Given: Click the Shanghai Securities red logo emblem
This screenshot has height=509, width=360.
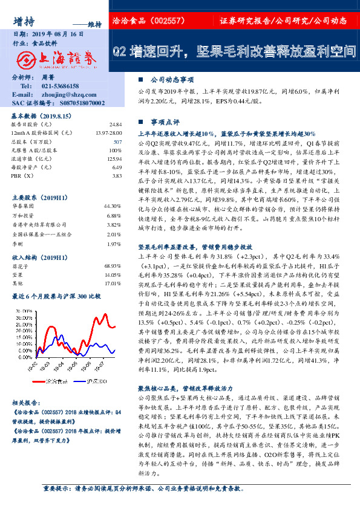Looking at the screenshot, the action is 24,60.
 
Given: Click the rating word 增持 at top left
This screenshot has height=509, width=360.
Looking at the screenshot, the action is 22,20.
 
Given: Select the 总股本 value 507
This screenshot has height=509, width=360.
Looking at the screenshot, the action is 117,141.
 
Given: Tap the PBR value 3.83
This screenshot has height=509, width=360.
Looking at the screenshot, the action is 117,175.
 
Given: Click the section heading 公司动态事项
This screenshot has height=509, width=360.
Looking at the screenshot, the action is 172,79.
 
